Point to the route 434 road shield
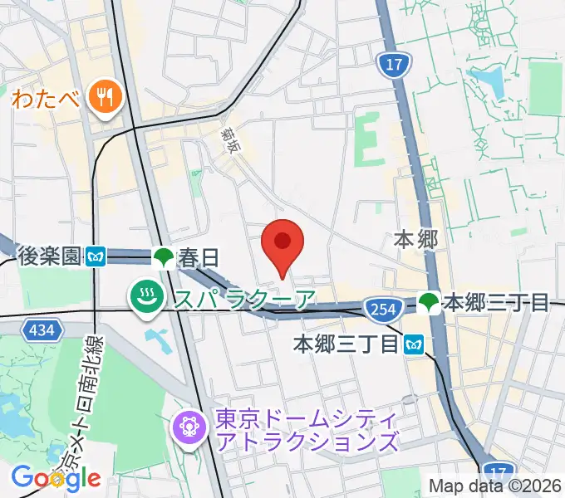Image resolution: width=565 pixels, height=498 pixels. click(42, 331)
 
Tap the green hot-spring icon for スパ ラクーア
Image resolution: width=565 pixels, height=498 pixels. click(146, 296)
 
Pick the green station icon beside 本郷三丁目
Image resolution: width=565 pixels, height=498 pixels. click(429, 302)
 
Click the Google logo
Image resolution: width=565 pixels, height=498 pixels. click(56, 478)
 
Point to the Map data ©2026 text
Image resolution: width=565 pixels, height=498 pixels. click(494, 485)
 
